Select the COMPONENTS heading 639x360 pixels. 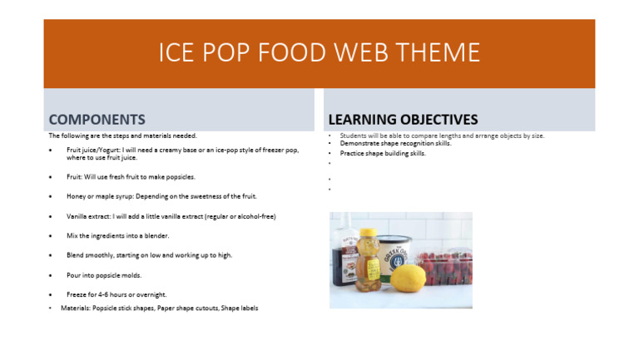[x=97, y=120]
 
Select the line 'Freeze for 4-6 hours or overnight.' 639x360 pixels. [x=116, y=294]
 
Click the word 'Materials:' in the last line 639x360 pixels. [x=77, y=308]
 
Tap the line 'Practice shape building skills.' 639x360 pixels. [x=383, y=153]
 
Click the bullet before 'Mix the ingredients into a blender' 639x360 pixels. [x=50, y=236]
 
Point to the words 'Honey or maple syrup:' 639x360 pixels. [x=98, y=196]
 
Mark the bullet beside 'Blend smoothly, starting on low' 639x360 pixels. [x=50, y=255]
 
